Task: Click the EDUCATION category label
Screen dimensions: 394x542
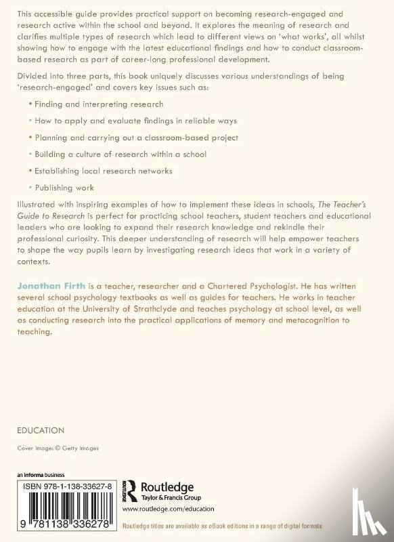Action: coord(41,430)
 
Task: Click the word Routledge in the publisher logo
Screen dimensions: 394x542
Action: coord(167,486)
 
